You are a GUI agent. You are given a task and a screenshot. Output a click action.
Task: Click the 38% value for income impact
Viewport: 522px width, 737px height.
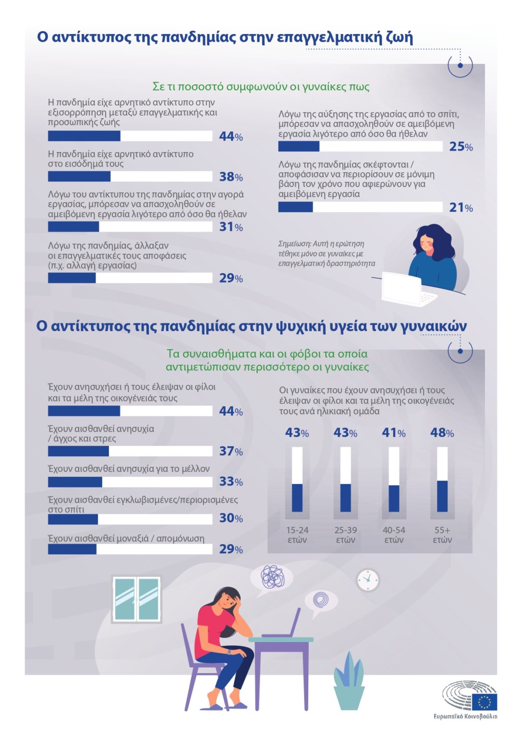point(231,177)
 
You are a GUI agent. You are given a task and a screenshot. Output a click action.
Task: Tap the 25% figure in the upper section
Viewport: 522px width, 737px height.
point(461,147)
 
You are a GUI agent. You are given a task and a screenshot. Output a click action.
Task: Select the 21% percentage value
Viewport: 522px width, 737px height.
point(461,207)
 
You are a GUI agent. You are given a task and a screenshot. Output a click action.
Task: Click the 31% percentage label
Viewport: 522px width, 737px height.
point(231,226)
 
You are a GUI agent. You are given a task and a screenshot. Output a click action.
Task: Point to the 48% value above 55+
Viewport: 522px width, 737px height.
point(442,433)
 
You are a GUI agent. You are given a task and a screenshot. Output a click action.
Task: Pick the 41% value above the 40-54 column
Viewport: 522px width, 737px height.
point(393,433)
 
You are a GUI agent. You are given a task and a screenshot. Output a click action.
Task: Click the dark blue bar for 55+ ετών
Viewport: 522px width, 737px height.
point(442,496)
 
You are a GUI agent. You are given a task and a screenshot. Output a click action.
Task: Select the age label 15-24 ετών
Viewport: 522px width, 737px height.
point(297,535)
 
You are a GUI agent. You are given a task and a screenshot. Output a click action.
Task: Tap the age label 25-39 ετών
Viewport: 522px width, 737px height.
point(345,535)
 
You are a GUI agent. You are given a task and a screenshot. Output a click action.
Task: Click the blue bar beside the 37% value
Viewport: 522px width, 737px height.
point(78,451)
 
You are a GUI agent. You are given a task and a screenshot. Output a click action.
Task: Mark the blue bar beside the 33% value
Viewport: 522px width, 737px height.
point(75,482)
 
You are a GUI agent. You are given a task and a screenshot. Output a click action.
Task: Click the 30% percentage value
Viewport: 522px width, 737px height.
point(231,518)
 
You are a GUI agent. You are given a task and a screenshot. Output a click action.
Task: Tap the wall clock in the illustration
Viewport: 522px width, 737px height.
point(368,580)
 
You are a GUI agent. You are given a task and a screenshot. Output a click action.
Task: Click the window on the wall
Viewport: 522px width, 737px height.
point(136,599)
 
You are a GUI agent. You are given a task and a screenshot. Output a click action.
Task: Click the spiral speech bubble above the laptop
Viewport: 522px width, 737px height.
point(320,601)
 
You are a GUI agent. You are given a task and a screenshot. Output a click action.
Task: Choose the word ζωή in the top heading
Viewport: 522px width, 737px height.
point(400,37)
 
